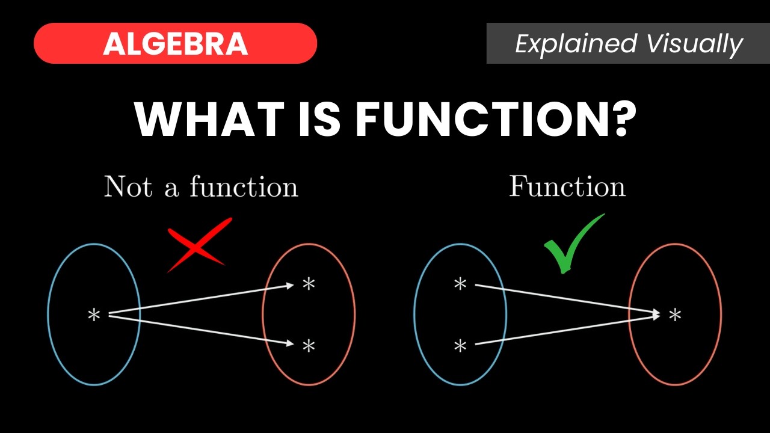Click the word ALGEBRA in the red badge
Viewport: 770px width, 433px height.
175,44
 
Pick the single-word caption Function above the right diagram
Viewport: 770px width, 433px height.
567,186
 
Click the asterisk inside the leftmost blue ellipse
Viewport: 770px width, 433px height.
94,315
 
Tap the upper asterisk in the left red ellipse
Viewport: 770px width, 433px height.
309,284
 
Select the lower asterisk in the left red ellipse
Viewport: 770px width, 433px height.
309,345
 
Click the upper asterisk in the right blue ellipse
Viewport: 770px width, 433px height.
460,284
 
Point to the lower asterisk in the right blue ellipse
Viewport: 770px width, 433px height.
460,346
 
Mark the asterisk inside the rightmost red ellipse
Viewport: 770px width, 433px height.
676,314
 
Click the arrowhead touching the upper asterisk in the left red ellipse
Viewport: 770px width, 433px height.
289,286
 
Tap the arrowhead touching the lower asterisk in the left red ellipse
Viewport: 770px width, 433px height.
289,344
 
